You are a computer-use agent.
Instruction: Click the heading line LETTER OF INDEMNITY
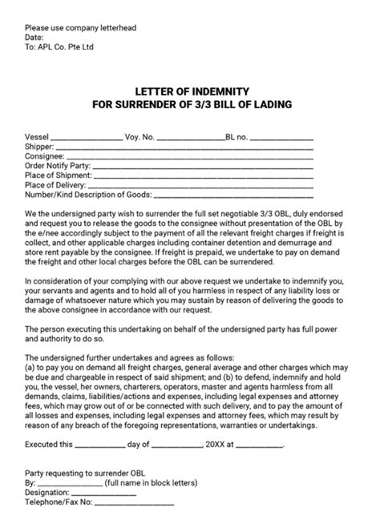190,91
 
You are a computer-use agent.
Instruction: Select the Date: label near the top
34,37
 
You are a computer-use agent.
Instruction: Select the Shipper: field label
40,147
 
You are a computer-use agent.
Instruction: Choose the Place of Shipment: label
59,175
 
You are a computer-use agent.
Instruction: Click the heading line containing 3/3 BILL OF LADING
190,104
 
